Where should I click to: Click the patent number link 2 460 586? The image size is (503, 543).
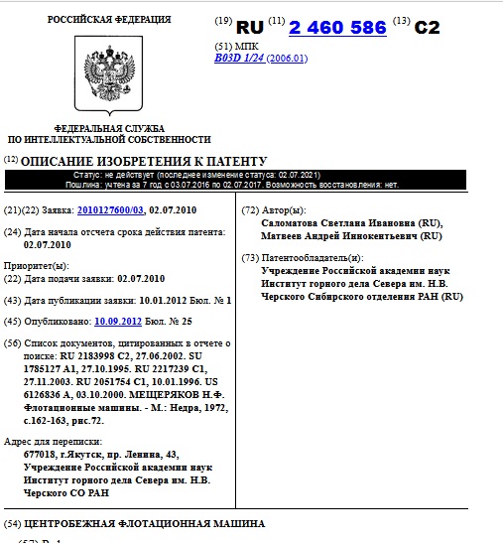[x=337, y=28]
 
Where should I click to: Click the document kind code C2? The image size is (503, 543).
[x=427, y=28]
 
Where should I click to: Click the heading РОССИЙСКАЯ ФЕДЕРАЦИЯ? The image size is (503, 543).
[x=109, y=19]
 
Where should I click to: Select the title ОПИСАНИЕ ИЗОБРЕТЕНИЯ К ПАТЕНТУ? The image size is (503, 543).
[x=145, y=161]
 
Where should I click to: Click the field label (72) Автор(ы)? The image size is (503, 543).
[x=275, y=209]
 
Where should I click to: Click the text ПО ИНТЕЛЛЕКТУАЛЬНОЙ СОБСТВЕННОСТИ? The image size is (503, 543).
[x=109, y=140]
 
